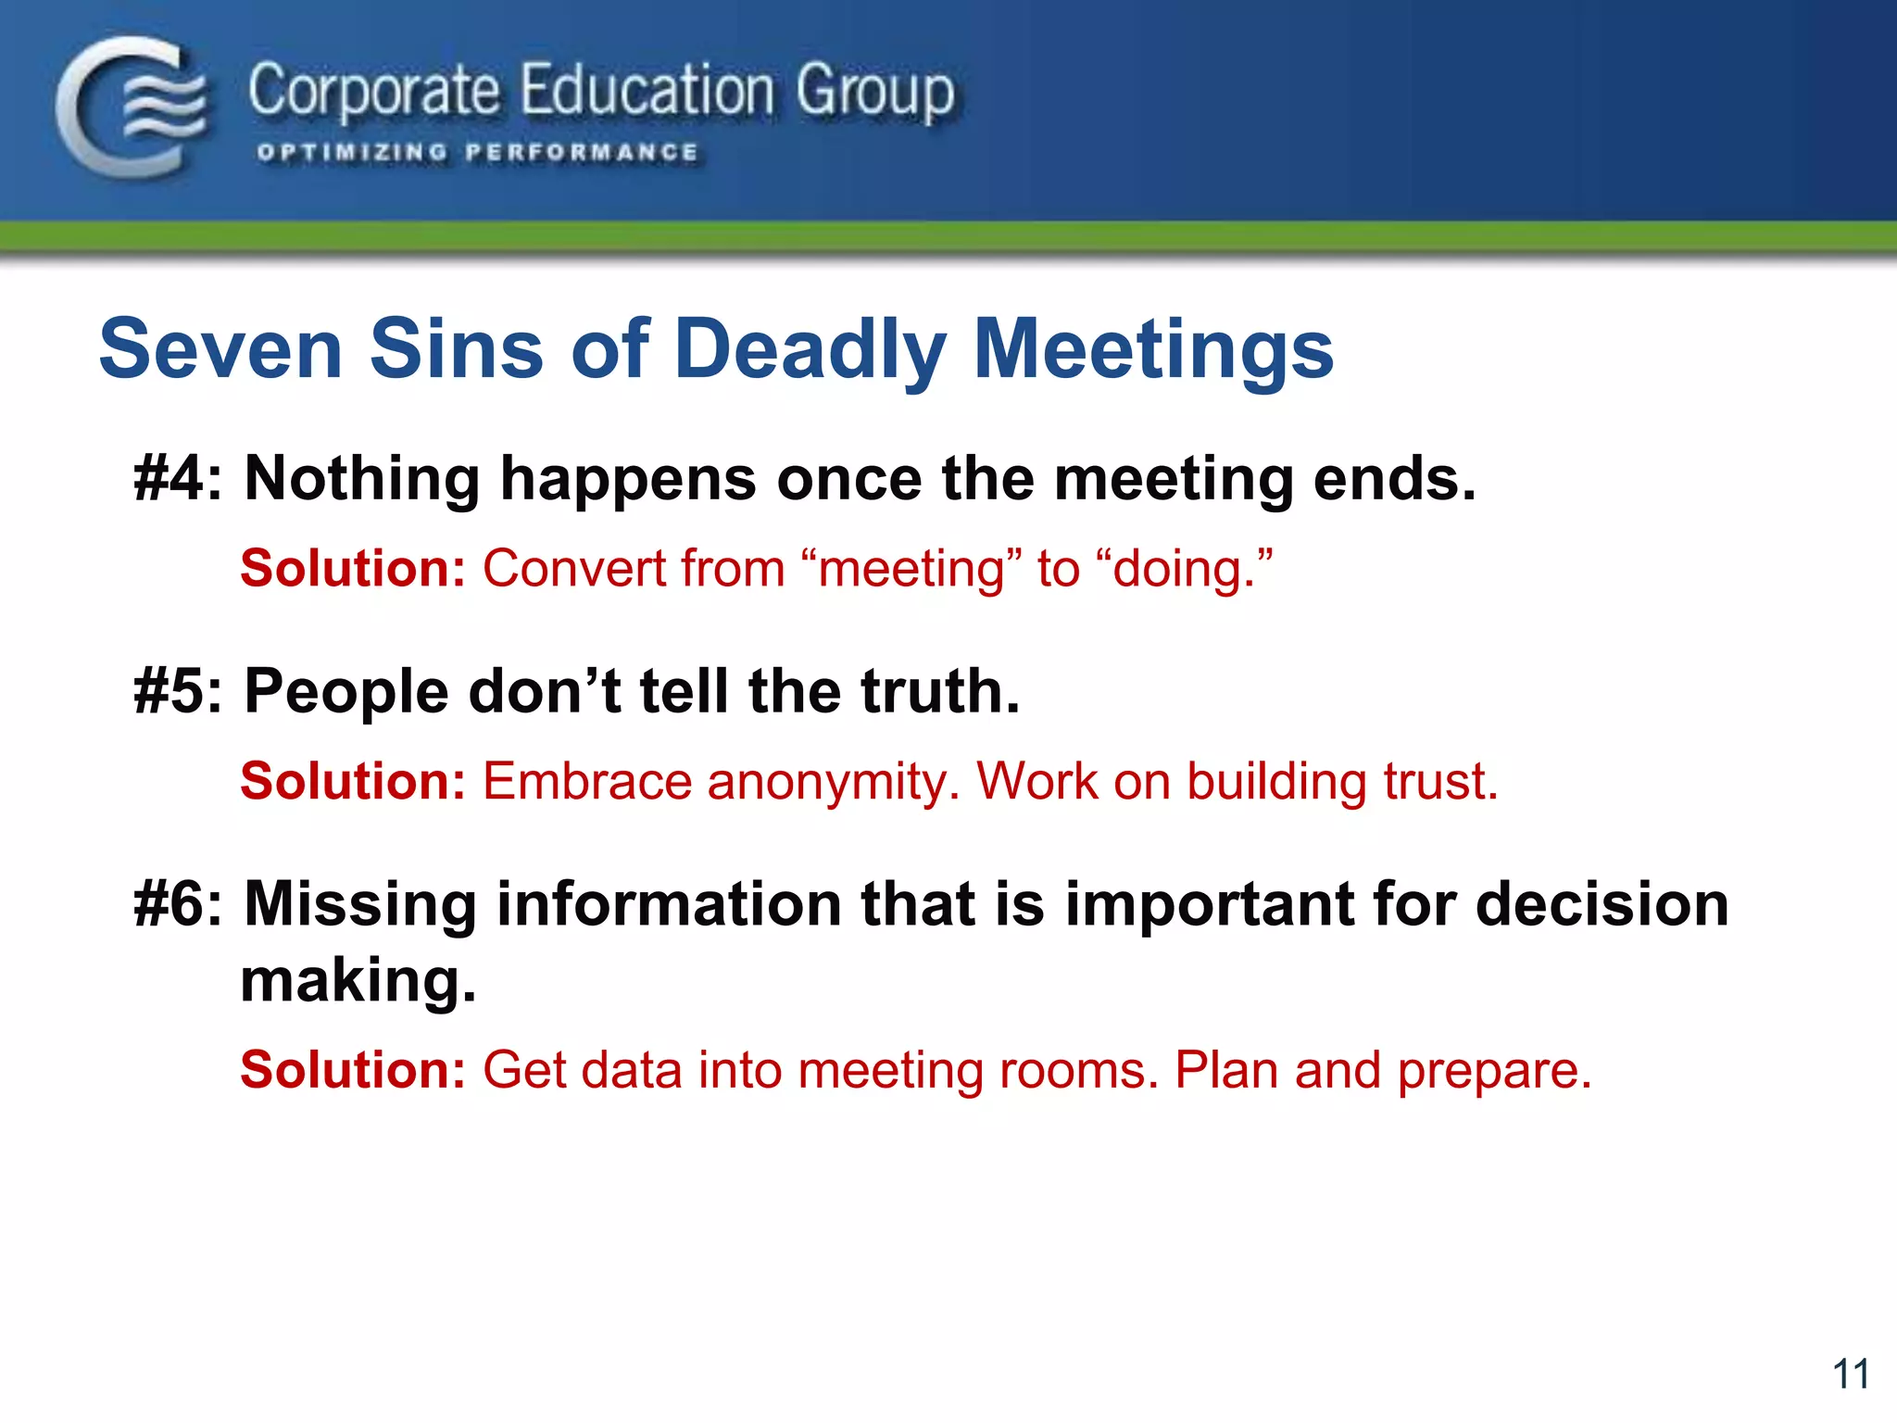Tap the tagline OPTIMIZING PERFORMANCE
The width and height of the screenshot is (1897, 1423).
point(477,152)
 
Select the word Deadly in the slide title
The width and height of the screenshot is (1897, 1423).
point(810,349)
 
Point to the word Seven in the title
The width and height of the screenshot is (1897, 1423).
point(220,349)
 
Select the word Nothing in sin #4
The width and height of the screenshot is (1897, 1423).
point(362,479)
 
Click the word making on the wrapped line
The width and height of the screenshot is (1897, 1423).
point(358,980)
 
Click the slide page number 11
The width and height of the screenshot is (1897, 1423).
point(1850,1374)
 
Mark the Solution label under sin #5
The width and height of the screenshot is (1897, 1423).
point(352,781)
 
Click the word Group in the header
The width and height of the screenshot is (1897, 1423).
point(874,93)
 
